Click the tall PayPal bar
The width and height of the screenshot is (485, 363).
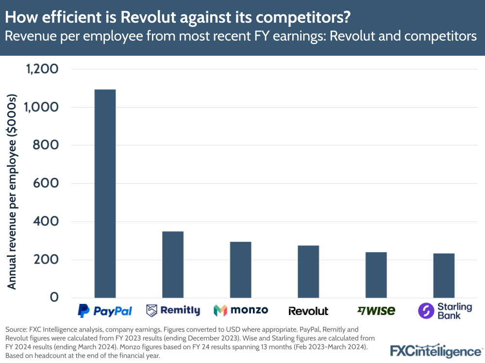click(105, 193)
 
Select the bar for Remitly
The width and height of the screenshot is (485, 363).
click(173, 265)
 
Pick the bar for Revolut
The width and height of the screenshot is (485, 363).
click(308, 272)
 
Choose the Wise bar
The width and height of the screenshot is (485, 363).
click(376, 275)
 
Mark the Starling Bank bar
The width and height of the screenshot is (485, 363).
click(444, 276)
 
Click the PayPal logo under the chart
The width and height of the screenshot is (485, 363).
click(105, 310)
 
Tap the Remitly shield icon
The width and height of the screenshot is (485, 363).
click(152, 310)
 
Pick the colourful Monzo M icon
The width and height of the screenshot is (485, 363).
click(220, 310)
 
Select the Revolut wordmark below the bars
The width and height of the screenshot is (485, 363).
click(308, 311)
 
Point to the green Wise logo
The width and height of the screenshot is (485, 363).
click(376, 310)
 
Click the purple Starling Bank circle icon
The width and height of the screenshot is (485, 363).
click(426, 311)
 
